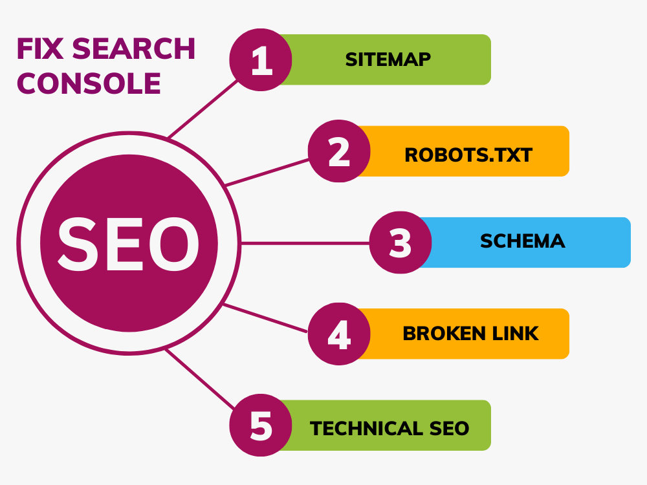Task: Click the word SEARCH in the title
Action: coord(134,48)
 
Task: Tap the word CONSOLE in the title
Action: coord(89,83)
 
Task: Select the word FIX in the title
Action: coord(40,48)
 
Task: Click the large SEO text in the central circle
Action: coord(129,244)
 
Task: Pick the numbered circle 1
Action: coord(261,59)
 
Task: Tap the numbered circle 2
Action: coord(339,151)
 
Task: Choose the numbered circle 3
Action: coord(400,242)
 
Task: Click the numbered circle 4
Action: coord(339,334)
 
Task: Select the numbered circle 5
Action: coord(261,426)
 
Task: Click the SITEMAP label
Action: coord(388,59)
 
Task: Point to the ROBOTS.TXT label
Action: coord(468,155)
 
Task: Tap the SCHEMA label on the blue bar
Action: coord(522,241)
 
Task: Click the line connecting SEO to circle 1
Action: coord(203,109)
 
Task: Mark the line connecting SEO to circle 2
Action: coord(267,173)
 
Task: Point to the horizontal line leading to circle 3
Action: coord(305,243)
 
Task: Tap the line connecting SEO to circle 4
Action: coord(265,318)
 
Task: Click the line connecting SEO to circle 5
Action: coord(200,379)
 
